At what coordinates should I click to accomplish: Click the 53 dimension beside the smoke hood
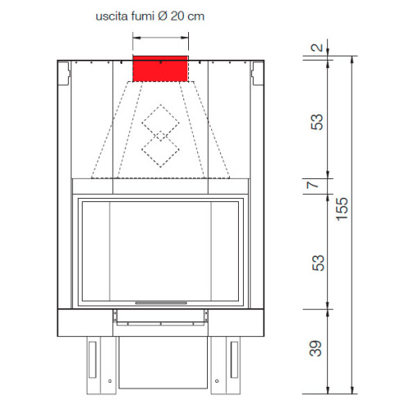click(317, 122)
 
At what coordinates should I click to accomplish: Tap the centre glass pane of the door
click(160, 249)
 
